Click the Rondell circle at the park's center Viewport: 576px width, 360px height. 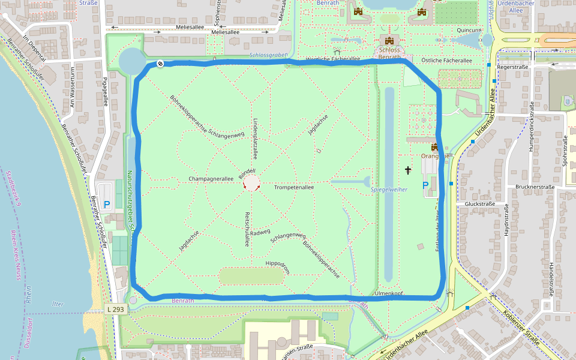tap(252, 183)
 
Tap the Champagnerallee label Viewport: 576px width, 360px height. tap(211, 179)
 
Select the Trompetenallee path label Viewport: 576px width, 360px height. tap(294, 188)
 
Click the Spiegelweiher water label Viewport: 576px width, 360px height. tap(389, 189)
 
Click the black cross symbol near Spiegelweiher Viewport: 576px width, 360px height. tap(408, 170)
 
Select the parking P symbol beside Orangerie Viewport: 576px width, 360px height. tap(425, 186)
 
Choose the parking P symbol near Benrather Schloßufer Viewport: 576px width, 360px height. tap(107, 205)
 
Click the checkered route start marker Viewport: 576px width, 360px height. tap(160, 64)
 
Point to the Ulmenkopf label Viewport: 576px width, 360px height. tap(389, 293)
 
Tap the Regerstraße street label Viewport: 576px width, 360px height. tap(512, 68)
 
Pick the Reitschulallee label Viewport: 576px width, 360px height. tap(246, 229)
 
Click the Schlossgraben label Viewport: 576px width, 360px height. tap(267, 55)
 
